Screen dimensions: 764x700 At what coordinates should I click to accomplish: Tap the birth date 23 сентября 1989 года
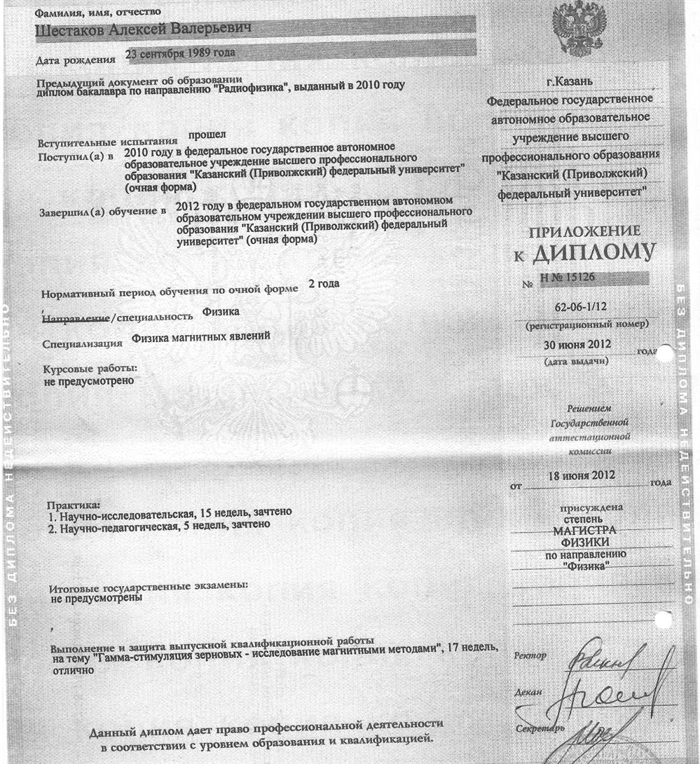coord(179,54)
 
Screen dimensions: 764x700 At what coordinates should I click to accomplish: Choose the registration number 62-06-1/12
coord(579,307)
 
